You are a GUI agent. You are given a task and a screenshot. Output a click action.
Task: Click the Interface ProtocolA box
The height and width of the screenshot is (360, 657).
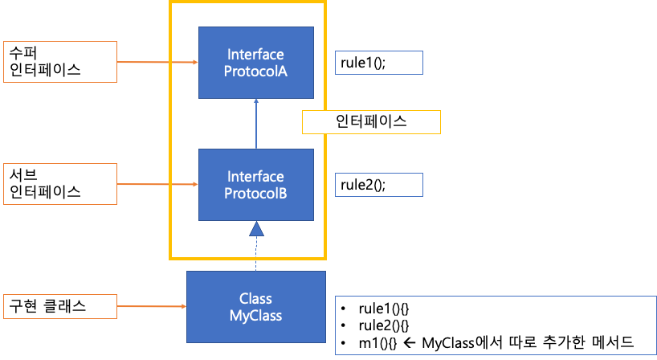[x=256, y=63]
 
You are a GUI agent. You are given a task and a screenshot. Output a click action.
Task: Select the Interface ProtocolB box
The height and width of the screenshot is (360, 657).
[x=256, y=185]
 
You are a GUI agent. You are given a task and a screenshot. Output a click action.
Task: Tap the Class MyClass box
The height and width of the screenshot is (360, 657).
[x=256, y=307]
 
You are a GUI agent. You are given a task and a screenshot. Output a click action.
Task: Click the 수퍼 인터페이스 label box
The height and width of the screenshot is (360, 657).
[x=60, y=62]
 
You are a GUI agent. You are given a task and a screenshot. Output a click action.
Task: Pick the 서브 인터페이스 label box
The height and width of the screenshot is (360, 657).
[x=60, y=184]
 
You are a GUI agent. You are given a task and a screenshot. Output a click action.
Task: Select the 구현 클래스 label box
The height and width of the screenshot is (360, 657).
[x=60, y=306]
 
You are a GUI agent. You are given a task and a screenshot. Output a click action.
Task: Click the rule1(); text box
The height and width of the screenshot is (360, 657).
[x=379, y=63]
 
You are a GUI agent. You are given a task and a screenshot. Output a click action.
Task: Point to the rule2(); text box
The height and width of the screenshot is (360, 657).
[x=379, y=185]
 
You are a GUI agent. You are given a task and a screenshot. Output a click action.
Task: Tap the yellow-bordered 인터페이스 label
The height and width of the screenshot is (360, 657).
[x=371, y=122]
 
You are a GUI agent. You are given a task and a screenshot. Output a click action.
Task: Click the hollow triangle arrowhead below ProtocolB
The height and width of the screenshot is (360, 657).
[x=256, y=229]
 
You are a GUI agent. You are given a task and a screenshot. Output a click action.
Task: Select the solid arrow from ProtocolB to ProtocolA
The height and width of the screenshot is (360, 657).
[x=256, y=124]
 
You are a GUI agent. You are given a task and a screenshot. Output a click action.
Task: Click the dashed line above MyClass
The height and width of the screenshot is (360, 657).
[x=256, y=254]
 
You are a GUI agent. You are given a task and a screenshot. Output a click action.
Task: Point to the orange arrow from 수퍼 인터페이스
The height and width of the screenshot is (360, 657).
[x=157, y=62]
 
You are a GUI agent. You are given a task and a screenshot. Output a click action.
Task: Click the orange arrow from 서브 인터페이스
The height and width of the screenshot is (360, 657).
[x=157, y=184]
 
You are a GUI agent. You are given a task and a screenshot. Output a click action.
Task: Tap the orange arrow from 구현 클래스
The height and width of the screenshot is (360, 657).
[x=152, y=306]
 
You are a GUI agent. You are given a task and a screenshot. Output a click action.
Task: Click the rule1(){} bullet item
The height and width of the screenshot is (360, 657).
[x=375, y=309]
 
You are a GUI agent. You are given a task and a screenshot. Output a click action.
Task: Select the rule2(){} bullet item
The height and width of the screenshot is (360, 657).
[x=375, y=325]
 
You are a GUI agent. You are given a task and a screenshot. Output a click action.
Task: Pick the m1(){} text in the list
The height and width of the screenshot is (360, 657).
[x=377, y=343]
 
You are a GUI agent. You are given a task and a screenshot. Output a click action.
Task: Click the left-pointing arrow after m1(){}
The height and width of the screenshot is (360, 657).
[x=410, y=343]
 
